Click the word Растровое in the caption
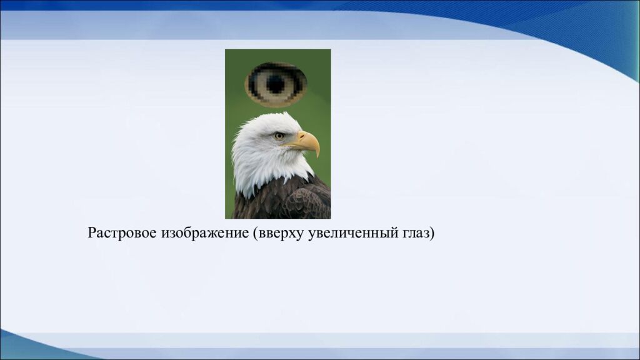(x=122, y=234)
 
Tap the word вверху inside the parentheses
(x=281, y=234)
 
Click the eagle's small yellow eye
(x=279, y=136)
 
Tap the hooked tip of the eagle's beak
(x=317, y=152)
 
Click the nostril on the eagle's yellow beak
(x=302, y=137)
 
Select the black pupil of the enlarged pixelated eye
(x=276, y=83)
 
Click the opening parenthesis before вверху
(x=255, y=234)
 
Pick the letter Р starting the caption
(x=91, y=234)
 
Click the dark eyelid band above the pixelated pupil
(x=276, y=69)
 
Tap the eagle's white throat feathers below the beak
(x=294, y=162)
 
